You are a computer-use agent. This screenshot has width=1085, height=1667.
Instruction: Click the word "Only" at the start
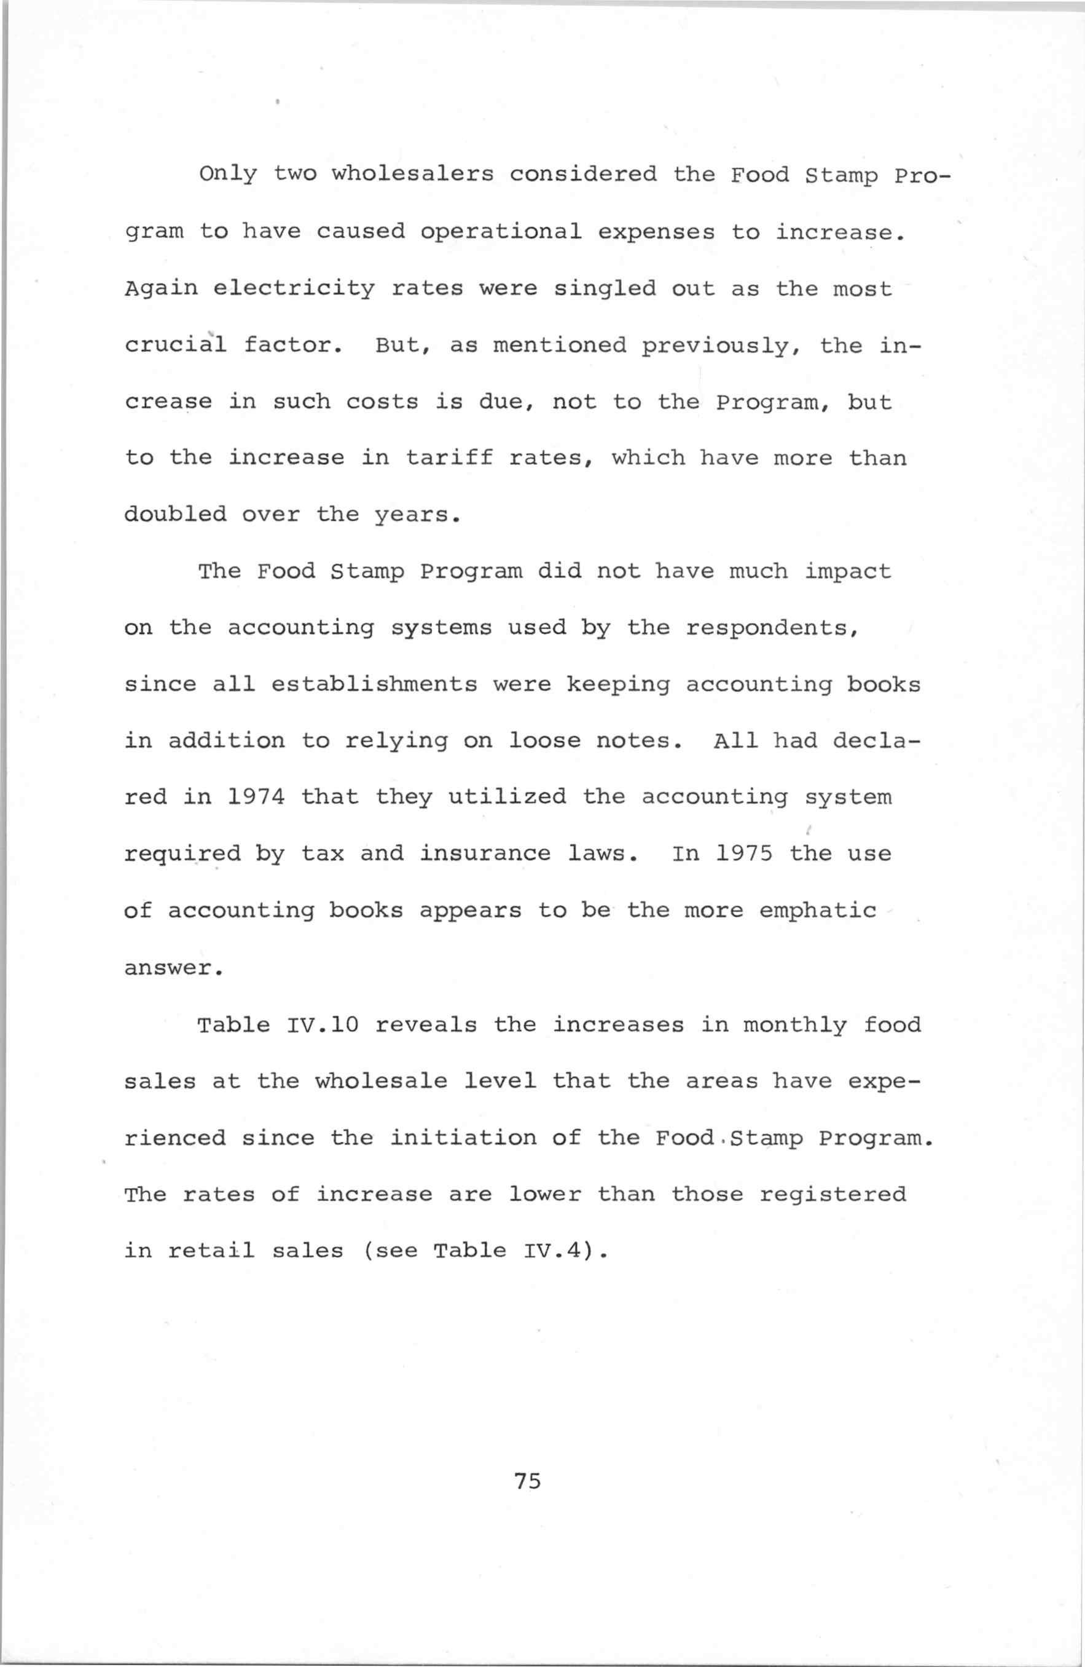point(228,175)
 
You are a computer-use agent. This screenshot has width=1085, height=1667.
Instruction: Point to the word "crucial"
point(175,346)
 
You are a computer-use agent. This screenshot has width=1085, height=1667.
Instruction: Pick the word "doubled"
point(175,515)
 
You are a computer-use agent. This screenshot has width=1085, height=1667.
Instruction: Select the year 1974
point(257,798)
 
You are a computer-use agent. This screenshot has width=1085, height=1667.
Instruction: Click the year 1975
point(744,855)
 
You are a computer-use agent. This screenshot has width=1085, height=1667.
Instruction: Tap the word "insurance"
point(485,855)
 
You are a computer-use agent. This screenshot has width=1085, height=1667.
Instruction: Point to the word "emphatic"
point(818,911)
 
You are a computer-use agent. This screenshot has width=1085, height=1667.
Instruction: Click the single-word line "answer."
point(174,968)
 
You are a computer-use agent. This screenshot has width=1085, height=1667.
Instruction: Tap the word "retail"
point(211,1251)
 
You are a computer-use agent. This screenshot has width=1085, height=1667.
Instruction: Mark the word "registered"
point(832,1194)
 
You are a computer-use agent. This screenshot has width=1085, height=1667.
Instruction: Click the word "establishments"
point(375,684)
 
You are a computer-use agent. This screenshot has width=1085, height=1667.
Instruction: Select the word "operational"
point(501,232)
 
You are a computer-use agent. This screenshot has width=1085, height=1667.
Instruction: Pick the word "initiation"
point(463,1138)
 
